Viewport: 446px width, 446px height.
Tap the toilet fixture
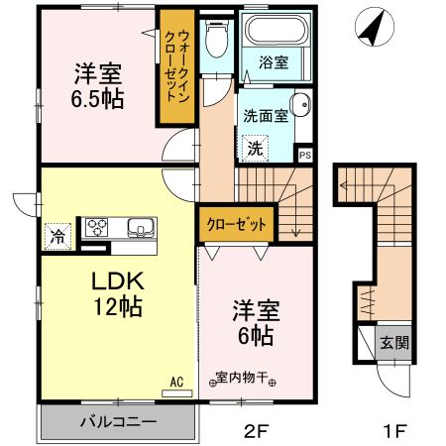(x=214, y=42)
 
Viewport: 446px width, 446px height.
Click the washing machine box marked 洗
(x=255, y=149)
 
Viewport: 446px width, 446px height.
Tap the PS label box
(x=304, y=155)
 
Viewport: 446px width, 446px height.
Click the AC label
(x=177, y=381)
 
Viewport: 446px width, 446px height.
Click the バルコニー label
(x=118, y=422)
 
